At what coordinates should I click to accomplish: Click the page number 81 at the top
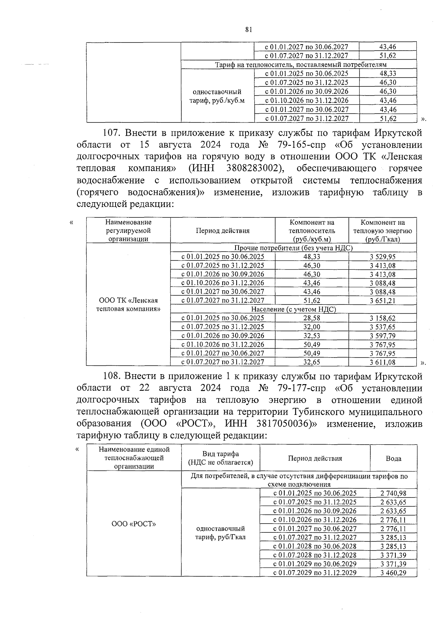248,30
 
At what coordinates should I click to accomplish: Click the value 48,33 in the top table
388,73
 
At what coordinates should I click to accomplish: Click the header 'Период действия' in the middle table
223,231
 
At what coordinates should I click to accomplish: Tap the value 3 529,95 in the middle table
382,256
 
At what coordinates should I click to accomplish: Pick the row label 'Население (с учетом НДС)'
293,309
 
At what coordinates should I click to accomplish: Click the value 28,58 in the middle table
312,318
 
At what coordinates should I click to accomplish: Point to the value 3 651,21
382,301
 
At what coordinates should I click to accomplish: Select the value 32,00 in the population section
312,327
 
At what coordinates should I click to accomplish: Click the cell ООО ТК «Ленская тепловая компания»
128,304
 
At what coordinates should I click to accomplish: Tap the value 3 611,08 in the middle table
382,362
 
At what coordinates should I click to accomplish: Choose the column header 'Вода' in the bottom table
393,458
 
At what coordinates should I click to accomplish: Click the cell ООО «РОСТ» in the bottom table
134,524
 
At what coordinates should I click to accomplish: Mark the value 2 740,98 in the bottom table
393,493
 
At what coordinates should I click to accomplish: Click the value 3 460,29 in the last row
393,573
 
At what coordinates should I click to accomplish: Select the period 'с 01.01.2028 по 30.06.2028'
315,546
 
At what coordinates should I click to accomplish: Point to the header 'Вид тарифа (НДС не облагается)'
220,458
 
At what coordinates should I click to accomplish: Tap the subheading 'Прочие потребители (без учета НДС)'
293,248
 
